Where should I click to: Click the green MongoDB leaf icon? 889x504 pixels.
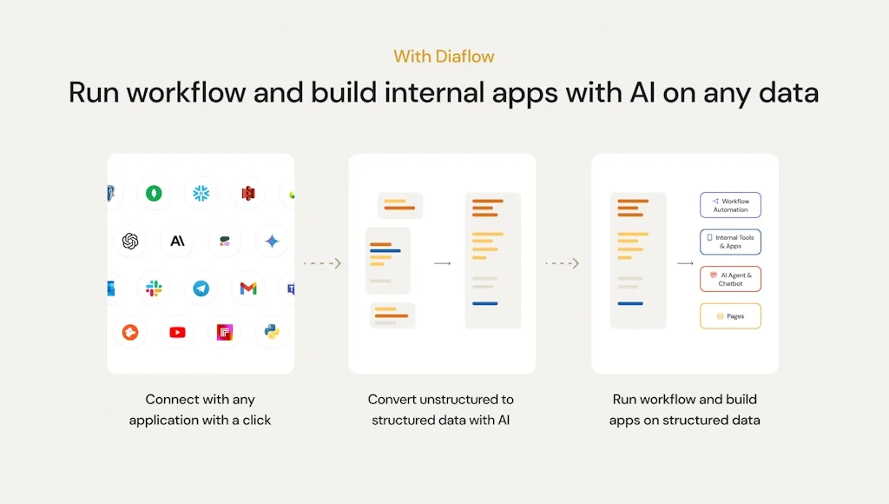[x=154, y=193]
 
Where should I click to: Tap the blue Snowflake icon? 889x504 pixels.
[x=201, y=193]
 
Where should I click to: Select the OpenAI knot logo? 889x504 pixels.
[x=130, y=241]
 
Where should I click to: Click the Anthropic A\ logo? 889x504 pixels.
[x=177, y=241]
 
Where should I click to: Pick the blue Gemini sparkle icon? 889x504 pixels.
[x=272, y=241]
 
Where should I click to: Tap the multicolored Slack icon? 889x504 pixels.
[x=154, y=288]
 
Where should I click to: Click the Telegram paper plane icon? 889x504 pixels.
[x=201, y=288]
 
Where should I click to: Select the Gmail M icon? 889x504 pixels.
[x=248, y=288]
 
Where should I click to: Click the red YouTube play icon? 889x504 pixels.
[x=177, y=332]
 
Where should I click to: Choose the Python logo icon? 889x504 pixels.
[x=272, y=332]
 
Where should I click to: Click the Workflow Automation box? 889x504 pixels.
[x=730, y=205]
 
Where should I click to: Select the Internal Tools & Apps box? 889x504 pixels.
[x=730, y=242]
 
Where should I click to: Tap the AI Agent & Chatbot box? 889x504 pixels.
[x=730, y=279]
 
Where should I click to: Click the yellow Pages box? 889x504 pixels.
[x=730, y=316]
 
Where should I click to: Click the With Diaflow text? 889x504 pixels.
[x=444, y=56]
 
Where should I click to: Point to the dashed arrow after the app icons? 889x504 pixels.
[x=321, y=263]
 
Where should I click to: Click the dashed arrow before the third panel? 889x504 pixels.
[x=562, y=263]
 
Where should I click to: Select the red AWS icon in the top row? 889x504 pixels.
[x=248, y=193]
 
